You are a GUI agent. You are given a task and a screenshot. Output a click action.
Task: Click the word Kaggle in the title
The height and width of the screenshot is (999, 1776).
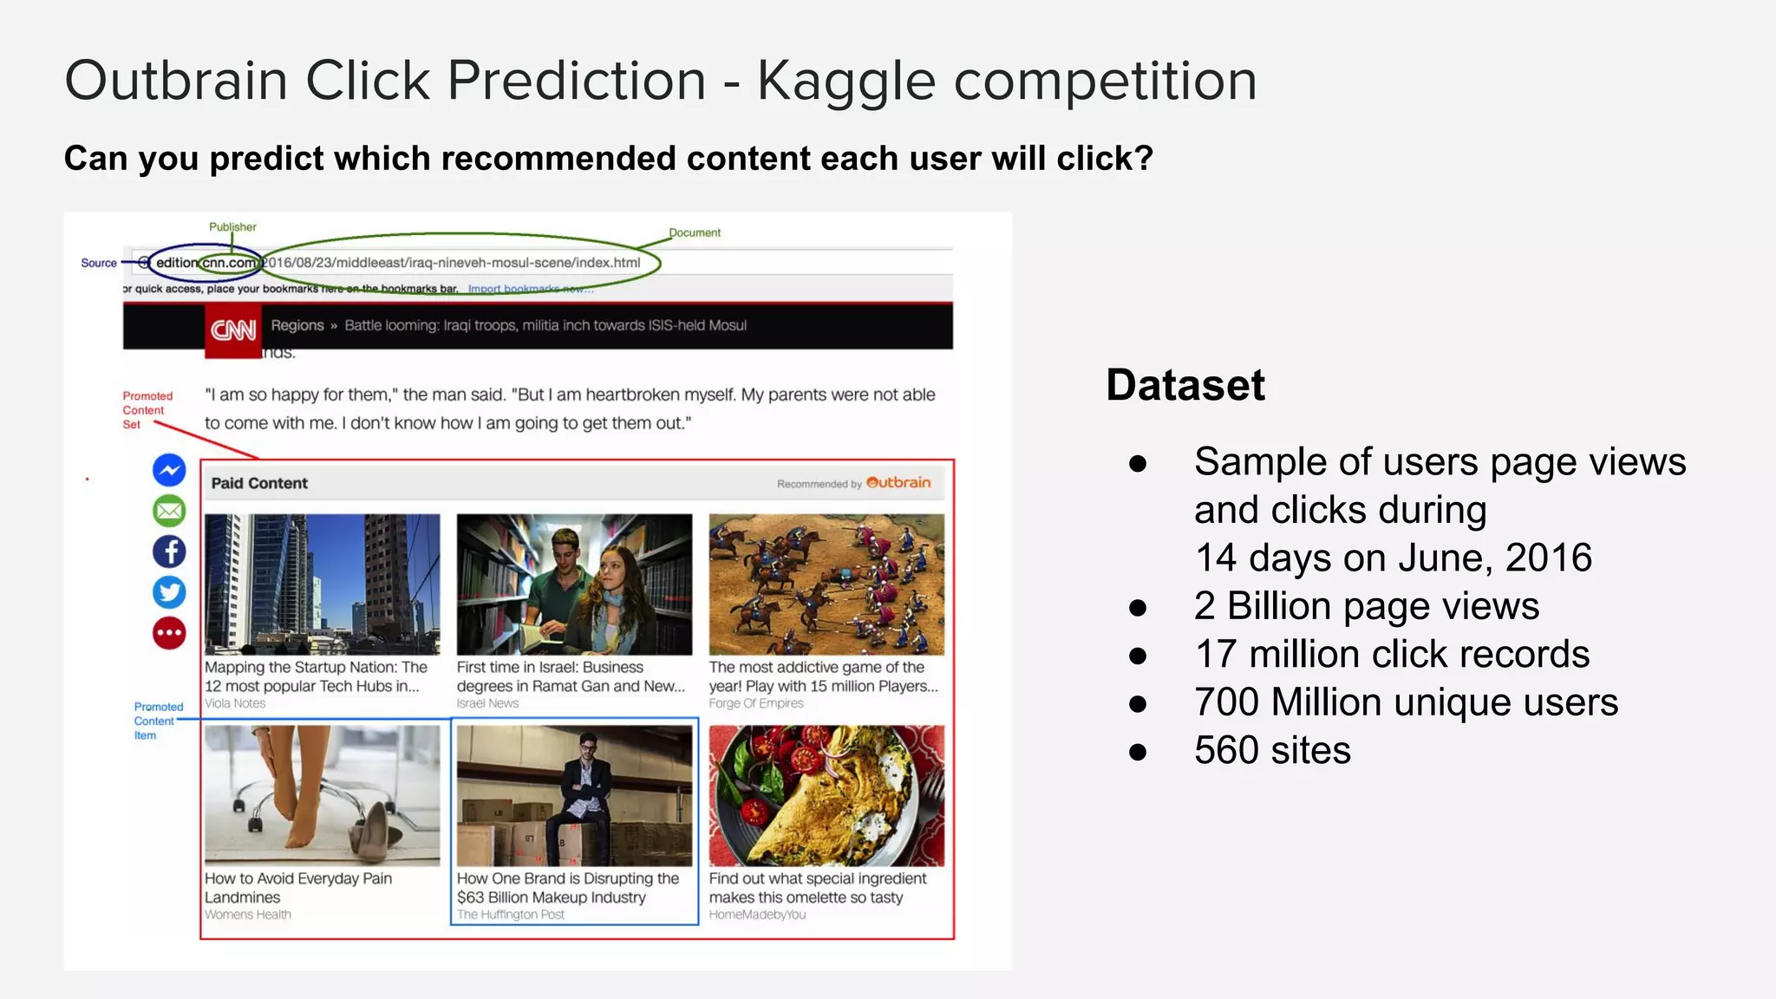(x=846, y=82)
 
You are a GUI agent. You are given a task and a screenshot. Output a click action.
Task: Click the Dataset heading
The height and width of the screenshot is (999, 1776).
(x=1185, y=384)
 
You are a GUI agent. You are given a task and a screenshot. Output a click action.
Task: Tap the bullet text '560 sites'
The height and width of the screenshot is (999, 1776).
(x=1271, y=750)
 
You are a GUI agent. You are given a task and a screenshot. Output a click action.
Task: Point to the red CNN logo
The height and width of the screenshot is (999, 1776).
(x=233, y=330)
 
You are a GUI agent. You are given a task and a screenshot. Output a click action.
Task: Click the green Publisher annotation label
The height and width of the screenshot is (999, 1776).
(x=232, y=227)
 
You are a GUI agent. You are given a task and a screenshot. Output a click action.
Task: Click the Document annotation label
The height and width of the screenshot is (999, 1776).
(x=695, y=232)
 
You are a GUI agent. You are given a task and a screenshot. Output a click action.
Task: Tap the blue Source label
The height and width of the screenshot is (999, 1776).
(x=98, y=263)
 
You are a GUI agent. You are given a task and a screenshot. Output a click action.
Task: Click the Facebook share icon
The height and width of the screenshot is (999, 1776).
(x=169, y=552)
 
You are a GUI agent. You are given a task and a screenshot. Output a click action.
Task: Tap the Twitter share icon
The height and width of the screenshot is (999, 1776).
(x=169, y=592)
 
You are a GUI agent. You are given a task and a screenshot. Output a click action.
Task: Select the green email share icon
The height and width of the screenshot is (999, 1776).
(x=169, y=511)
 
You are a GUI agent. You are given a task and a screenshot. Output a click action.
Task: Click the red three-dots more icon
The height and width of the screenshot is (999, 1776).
(x=169, y=633)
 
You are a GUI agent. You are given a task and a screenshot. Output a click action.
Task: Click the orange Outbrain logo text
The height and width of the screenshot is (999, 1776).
(x=898, y=482)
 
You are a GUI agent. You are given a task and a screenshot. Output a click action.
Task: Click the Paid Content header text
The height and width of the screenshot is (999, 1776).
(x=259, y=483)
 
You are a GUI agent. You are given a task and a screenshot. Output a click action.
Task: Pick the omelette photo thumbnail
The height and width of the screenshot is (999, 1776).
(x=826, y=795)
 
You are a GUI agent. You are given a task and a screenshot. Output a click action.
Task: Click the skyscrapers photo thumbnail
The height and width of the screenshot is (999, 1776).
(x=322, y=584)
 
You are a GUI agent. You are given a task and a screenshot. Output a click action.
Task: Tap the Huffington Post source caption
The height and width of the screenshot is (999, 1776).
(x=510, y=915)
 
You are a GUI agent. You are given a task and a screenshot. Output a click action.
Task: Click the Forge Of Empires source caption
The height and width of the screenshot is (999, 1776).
(x=755, y=703)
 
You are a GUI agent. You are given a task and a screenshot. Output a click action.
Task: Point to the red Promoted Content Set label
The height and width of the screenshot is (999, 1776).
(x=147, y=410)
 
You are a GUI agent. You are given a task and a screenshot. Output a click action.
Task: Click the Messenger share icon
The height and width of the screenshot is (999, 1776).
(x=169, y=470)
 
